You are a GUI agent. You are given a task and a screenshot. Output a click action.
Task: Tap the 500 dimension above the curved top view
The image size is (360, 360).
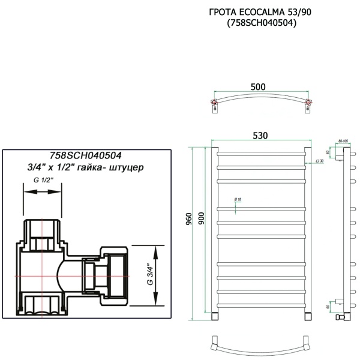tap(258, 87)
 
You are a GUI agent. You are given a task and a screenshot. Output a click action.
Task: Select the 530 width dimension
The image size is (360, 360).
tap(259, 136)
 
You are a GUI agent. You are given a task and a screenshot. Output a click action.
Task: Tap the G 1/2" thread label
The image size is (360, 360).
tap(43, 180)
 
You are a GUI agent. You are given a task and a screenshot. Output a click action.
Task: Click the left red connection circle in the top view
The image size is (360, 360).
tap(214, 104)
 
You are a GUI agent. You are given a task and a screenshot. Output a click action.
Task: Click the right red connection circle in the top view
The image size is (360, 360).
tap(308, 104)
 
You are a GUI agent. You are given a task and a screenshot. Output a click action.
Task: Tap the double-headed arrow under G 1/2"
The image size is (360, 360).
tap(42, 192)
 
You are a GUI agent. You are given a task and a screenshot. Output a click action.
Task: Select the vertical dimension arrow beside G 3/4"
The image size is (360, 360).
tap(158, 274)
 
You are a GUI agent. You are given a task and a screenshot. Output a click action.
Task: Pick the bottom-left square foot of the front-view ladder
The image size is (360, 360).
tap(214, 316)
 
